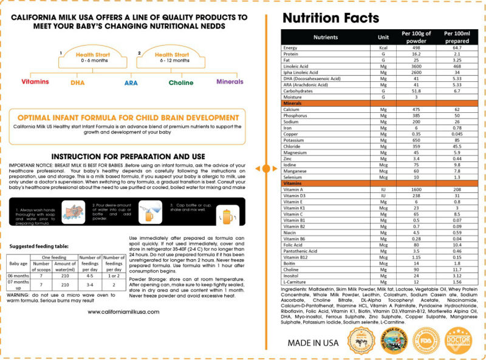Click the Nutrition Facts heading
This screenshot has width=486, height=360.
point(331,18)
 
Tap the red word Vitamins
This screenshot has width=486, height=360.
point(35,81)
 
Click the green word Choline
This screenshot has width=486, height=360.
point(180,82)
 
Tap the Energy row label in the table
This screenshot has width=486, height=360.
point(292,47)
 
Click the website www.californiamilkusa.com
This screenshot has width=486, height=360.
point(123,311)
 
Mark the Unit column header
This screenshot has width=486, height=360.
point(383,36)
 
